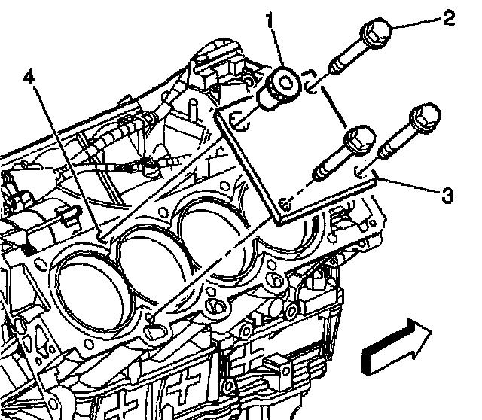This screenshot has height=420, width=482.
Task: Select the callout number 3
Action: point(447,197)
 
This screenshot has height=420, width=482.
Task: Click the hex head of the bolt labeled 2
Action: point(374,32)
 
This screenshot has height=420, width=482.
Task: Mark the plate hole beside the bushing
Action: point(238,117)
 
